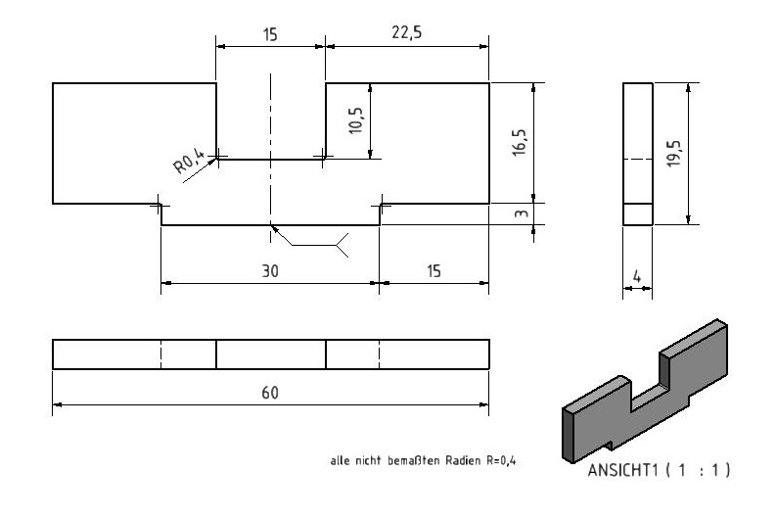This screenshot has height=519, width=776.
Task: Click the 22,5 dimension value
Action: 406,32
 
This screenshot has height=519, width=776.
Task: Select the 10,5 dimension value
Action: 356,120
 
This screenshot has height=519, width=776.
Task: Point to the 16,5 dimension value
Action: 520,143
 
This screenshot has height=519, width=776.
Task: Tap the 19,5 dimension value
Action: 673,153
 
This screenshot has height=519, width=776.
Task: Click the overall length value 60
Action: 270,393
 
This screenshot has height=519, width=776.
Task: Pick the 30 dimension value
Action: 270,271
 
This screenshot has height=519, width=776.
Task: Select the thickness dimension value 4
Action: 637,276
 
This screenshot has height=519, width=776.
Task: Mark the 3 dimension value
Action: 522,213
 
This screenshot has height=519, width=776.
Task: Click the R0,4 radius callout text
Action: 189,162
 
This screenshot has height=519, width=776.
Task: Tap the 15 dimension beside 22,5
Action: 270,35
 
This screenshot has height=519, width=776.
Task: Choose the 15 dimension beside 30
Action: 434,271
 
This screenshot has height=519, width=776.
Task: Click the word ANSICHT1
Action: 622,470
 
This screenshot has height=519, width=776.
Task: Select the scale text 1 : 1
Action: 698,469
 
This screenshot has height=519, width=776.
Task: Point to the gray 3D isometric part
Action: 645,392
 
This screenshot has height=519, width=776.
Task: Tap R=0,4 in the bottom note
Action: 501,460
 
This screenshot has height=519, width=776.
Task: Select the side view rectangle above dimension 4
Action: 638,154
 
